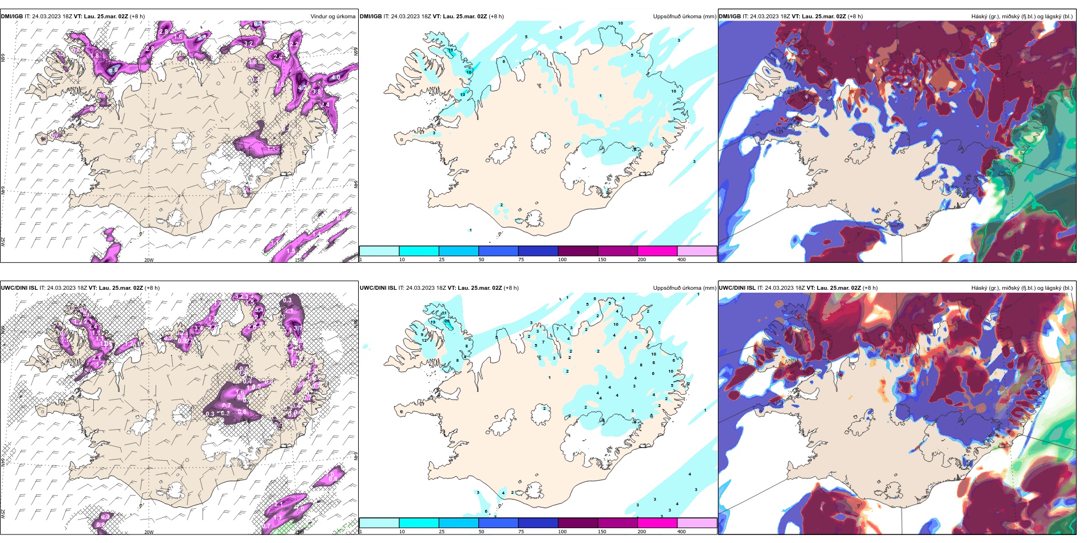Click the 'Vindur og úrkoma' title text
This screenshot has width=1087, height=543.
332,17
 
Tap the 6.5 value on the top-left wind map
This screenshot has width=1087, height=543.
258,24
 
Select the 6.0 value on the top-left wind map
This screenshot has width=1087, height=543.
114,70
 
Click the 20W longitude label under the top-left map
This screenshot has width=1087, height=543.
149,260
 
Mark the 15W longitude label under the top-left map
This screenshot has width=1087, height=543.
299,260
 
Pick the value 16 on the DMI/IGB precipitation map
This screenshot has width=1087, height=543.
469,72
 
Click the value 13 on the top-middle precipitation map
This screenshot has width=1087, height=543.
463,94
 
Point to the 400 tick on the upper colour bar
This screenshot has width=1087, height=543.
681,259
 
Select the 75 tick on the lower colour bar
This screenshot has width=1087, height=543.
521,532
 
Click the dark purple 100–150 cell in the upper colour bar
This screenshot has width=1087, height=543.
578,251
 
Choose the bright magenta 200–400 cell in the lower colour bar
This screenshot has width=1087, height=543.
657,523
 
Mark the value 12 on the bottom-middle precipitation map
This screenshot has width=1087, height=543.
424,340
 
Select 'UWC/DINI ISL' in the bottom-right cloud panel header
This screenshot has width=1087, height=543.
737,288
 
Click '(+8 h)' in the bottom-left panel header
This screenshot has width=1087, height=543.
152,288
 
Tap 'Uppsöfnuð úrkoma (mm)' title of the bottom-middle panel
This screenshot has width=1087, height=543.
685,288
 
